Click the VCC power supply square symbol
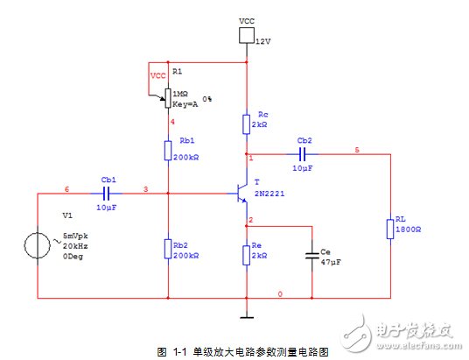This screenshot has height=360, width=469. point(247,35)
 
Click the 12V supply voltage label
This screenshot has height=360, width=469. point(263,42)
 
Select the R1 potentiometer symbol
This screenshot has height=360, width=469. point(168,98)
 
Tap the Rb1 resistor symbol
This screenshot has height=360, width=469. point(168,151)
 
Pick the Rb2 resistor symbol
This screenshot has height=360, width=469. point(168,249)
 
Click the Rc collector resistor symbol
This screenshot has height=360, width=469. point(247,124)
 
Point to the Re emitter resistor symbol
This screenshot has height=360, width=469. point(247,255)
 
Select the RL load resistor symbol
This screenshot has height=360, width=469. point(390,229)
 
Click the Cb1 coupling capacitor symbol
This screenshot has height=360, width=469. point(106,194)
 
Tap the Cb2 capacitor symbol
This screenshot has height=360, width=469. point(303,154)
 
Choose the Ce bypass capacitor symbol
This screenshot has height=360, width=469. point(312,256)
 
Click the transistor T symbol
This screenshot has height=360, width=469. point(241,194)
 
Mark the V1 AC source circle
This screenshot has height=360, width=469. point(38,245)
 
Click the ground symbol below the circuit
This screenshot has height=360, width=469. point(247,317)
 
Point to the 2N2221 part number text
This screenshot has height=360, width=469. point(269,194)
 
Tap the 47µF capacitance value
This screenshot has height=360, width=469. point(331,263)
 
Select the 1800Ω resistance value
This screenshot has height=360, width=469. point(409,229)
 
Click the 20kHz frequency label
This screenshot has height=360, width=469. point(75,246)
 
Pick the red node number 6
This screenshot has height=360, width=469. point(67,189)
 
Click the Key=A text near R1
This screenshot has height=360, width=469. point(185,104)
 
